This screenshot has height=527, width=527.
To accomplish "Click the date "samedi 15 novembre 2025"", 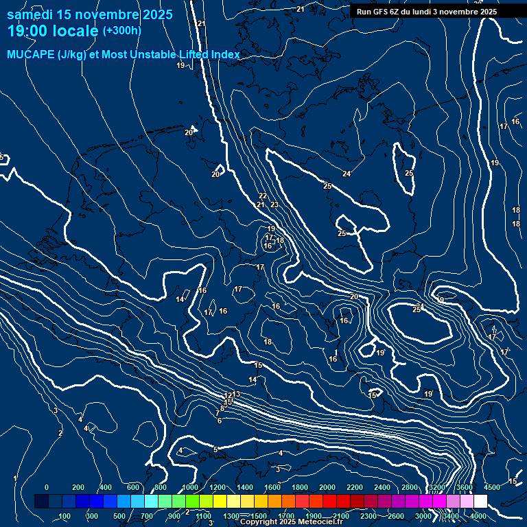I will point(90,14).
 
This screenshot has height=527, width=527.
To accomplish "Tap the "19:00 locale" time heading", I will point(53,30).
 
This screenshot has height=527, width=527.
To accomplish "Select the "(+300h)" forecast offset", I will point(121,30).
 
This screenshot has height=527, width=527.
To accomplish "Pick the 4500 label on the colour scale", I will point(492,487).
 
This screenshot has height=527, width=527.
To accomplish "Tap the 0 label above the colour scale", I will point(46,487).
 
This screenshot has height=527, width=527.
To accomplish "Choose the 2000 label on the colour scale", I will point(327,487).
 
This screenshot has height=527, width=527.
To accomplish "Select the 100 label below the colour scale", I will point(65,515).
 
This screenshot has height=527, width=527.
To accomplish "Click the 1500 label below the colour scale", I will point(259,515).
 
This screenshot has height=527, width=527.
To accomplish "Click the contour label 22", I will point(263,196).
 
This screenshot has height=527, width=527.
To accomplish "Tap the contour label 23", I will point(274,204).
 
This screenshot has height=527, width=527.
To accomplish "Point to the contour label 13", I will point(236,394).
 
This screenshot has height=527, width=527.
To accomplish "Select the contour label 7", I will point(218,414).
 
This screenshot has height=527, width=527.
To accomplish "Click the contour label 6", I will point(219,421).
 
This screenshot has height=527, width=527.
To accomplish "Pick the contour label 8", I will point(222,408).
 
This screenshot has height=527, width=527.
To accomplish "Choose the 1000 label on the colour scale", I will point(190,487).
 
